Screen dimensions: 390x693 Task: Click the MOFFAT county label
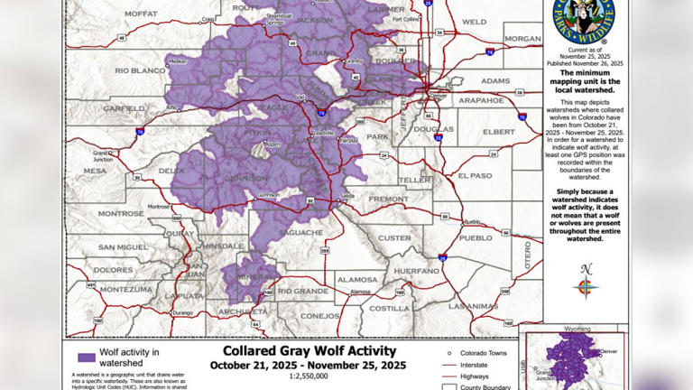coord(141,14)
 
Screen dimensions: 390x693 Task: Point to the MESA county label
coord(95,171)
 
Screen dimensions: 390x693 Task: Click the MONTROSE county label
coord(121,214)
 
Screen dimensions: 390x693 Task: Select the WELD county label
coord(474,22)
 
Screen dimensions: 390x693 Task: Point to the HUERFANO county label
coord(417,270)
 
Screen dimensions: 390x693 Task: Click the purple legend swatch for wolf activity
coord(87,357)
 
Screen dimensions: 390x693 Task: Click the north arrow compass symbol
coord(586,286)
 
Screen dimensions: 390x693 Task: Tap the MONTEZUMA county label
coord(121,289)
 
